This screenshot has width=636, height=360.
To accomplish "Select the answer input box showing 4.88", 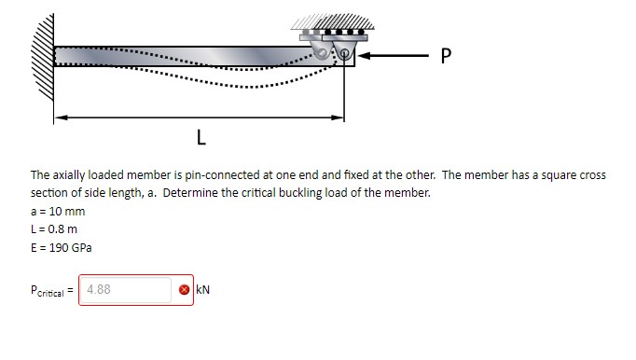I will [125, 289].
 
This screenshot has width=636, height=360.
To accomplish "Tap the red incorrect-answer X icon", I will [185, 290].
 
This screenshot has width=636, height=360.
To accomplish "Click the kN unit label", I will [202, 290].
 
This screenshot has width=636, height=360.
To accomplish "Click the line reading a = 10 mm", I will [57, 212].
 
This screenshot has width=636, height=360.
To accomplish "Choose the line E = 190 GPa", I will [61, 247].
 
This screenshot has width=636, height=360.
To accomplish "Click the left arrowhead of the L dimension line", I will [59, 118].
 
